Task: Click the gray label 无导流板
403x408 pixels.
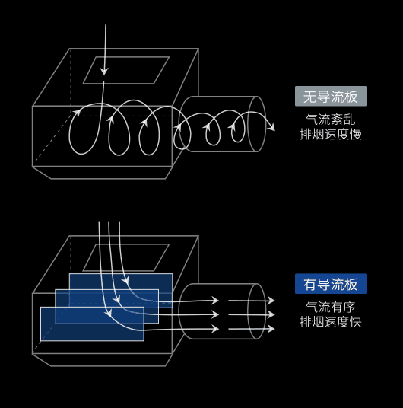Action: (x=331, y=96)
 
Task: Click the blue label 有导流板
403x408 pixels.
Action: (x=331, y=284)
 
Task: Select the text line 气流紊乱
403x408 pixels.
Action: (x=330, y=120)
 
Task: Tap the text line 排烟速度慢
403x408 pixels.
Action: (x=331, y=134)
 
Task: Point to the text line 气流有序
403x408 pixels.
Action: (x=330, y=307)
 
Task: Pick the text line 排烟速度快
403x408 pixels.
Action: (x=331, y=322)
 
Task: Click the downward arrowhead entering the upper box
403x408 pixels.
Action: (x=104, y=72)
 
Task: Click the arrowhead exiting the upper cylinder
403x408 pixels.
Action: (x=271, y=127)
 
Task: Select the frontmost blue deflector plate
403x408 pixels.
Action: (x=92, y=324)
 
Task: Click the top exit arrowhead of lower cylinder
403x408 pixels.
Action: (x=271, y=301)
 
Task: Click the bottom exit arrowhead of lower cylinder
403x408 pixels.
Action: (x=271, y=329)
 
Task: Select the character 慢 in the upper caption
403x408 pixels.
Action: (x=356, y=134)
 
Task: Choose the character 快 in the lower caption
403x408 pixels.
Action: (x=356, y=322)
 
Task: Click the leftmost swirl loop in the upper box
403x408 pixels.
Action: (x=69, y=132)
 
